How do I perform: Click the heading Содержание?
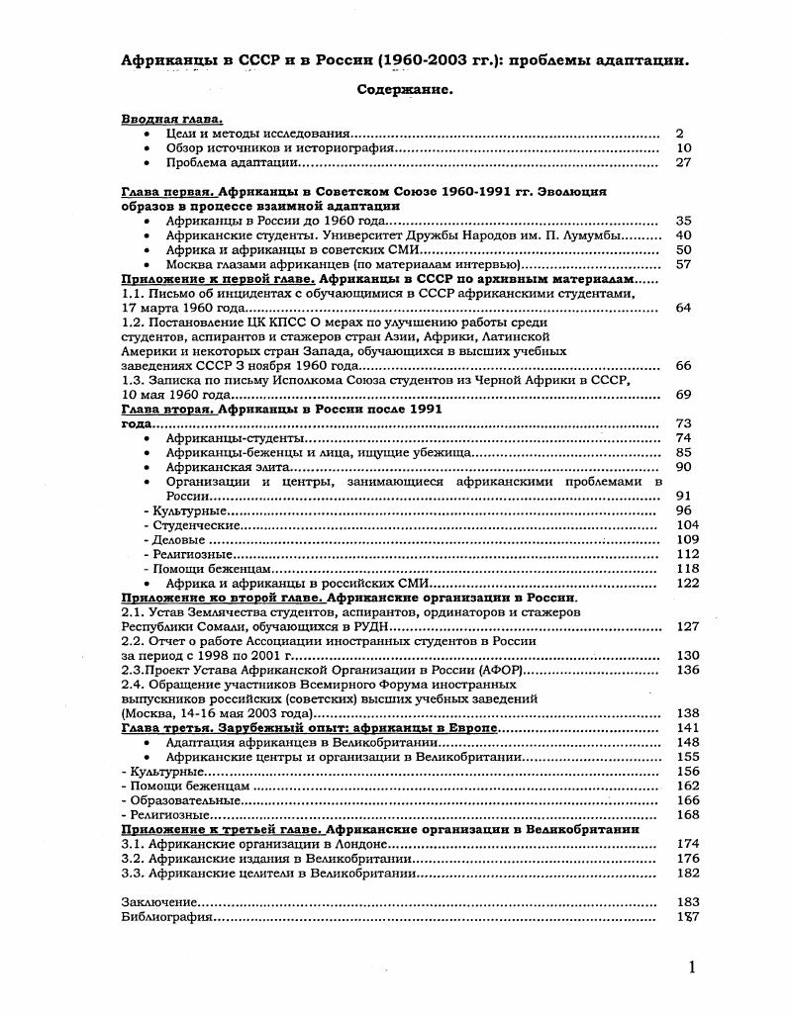point(404,89)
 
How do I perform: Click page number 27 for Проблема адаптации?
point(683,162)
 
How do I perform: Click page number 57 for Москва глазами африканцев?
point(683,264)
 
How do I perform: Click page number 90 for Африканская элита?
point(683,466)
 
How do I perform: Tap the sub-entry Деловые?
point(178,539)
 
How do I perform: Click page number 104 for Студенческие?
point(687,524)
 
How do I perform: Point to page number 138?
point(687,713)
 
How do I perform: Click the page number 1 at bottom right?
point(691,968)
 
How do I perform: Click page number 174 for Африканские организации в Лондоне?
point(687,844)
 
